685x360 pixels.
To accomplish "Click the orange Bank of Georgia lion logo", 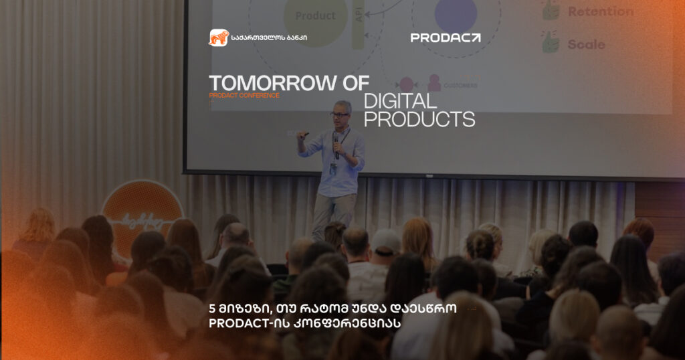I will click(219, 37).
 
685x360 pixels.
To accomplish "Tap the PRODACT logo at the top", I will click(445, 38).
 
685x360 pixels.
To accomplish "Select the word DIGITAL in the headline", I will click(400, 102).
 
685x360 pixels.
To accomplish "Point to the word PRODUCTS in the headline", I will click(419, 120).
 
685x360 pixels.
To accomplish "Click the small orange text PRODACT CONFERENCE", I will click(244, 96).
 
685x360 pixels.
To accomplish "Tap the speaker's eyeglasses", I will click(340, 114).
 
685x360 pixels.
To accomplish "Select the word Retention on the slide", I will click(600, 11).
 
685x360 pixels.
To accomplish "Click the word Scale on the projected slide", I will click(586, 44).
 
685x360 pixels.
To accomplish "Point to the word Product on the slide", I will click(315, 15).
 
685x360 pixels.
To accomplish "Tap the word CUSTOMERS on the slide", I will click(460, 86).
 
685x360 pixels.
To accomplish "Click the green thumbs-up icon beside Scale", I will click(551, 42).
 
